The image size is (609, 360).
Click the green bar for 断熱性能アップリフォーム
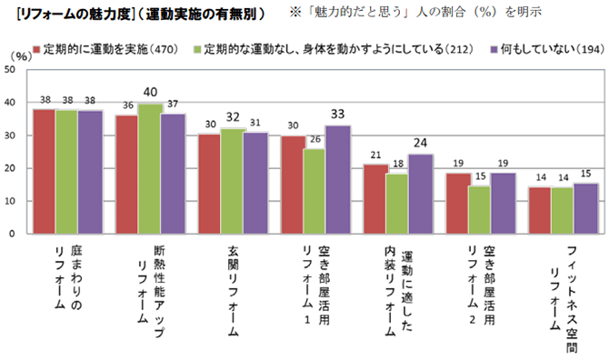[149, 168]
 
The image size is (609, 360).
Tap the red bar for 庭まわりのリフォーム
[44, 171]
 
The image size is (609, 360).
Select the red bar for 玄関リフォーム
[210, 184]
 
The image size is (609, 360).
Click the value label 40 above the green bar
[150, 92]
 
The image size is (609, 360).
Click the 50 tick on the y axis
[9, 70]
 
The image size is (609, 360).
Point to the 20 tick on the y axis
[9, 168]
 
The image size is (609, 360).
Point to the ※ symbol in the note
[294, 14]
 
